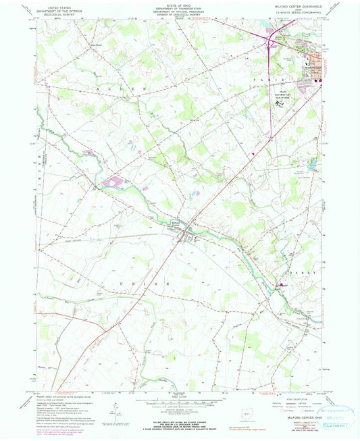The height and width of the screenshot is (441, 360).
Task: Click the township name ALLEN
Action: [x=110, y=89]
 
